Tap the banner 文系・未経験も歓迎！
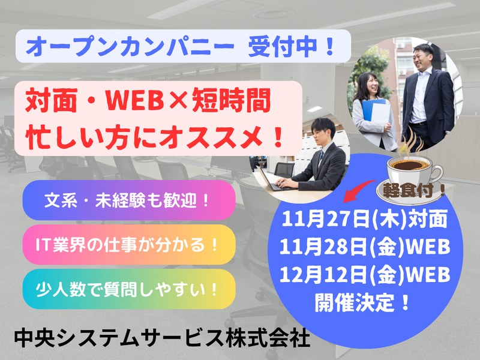(x=128, y=200)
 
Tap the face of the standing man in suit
(x=422, y=58)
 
